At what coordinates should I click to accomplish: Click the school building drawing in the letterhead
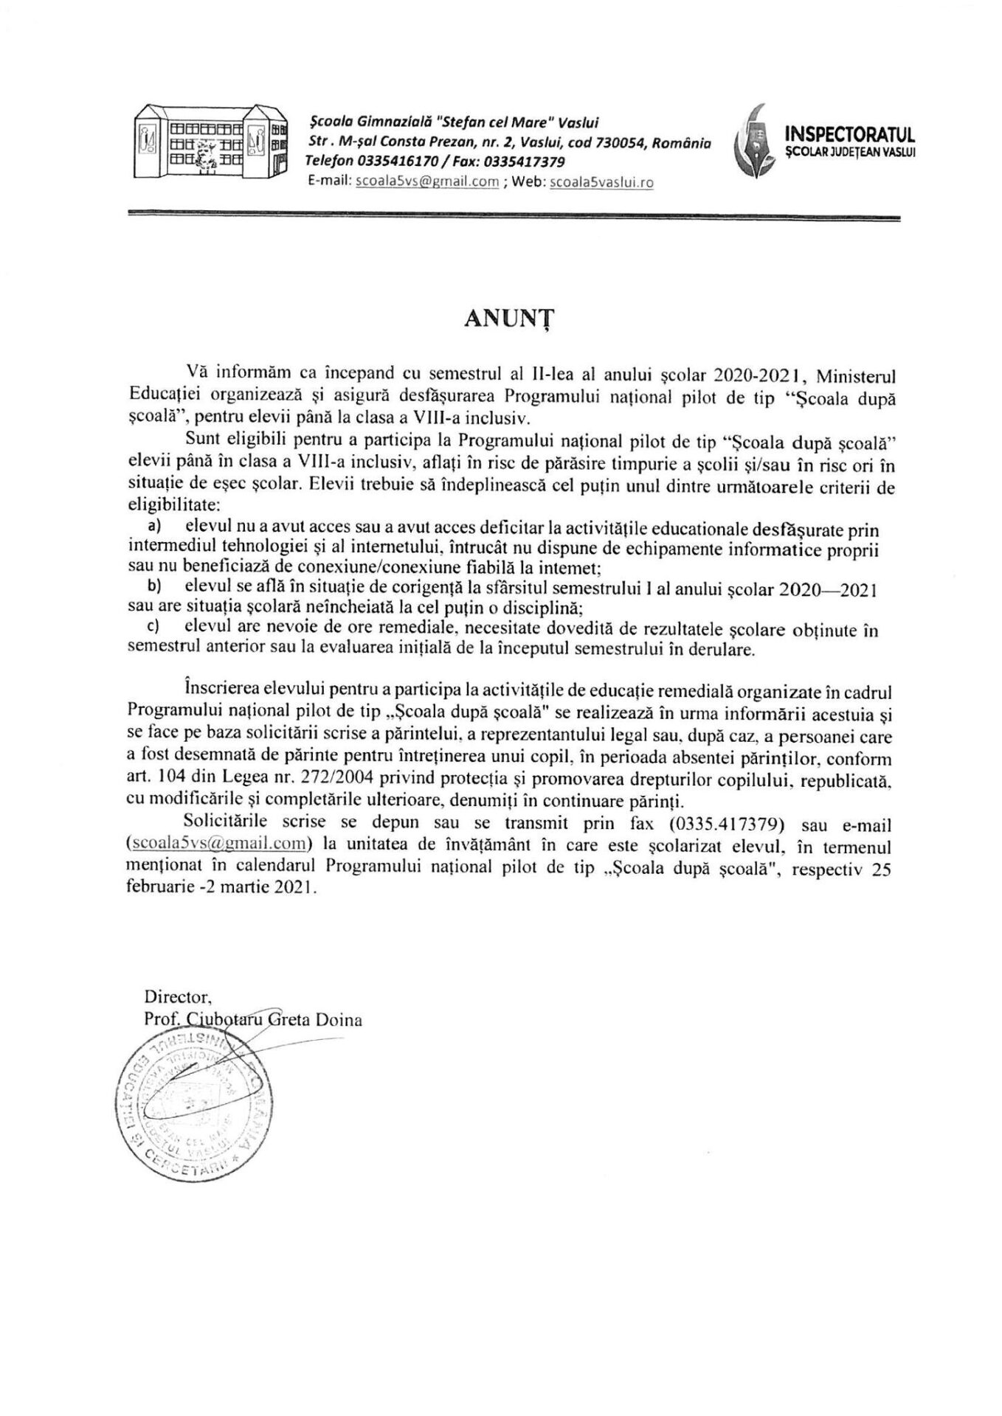tap(210, 139)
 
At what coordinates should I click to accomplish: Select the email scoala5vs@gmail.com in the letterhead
tap(426, 181)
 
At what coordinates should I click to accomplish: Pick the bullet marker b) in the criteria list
tap(154, 587)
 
